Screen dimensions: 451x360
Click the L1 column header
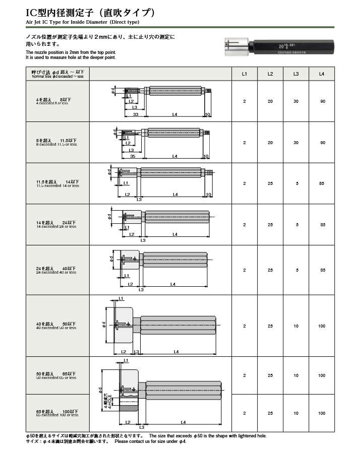[x=245, y=74]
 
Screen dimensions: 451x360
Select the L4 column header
[x=322, y=74]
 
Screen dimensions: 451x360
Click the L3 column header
[x=296, y=74]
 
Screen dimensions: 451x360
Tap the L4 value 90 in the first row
[x=322, y=102]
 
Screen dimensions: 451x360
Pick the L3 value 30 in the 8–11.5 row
[x=296, y=143]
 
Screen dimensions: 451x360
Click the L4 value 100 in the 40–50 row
[x=322, y=326]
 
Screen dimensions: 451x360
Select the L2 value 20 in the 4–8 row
[x=270, y=102]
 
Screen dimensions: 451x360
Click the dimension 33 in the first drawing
[x=135, y=115]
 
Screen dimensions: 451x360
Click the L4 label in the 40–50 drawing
[x=176, y=351]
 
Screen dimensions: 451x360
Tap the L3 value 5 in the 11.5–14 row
[x=296, y=183]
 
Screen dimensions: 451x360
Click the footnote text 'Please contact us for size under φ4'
[x=151, y=441]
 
